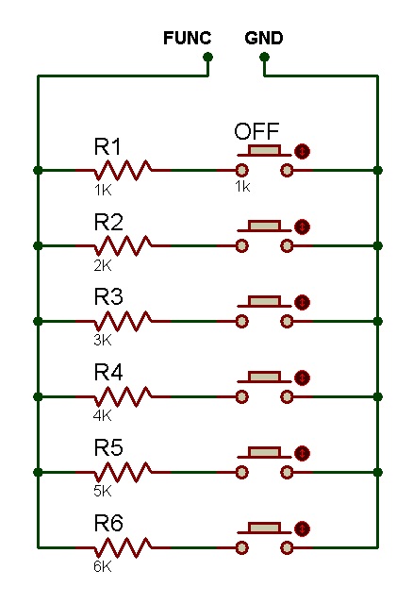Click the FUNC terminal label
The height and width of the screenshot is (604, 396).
click(x=187, y=38)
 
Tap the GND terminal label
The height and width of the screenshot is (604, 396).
click(x=264, y=38)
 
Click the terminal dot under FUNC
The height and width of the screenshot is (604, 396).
click(x=207, y=58)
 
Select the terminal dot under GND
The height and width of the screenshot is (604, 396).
click(x=264, y=58)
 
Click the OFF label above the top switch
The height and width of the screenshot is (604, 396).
click(x=256, y=131)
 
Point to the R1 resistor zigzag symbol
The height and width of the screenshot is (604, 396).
click(x=124, y=170)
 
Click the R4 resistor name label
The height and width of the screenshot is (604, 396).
click(x=108, y=372)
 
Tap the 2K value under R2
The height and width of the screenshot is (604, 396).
click(x=103, y=265)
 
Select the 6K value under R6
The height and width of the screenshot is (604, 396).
click(x=103, y=566)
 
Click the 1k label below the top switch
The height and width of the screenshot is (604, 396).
click(x=242, y=187)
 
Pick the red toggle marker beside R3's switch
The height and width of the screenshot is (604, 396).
click(x=302, y=302)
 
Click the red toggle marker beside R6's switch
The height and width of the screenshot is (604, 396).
click(x=302, y=528)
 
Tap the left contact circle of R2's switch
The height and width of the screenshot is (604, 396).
click(x=241, y=245)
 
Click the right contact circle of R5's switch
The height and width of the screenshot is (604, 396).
click(x=287, y=472)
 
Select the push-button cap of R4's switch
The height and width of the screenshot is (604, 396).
click(x=264, y=377)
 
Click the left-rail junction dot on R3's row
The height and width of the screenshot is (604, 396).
click(x=38, y=321)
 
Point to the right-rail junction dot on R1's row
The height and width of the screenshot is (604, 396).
click(x=378, y=170)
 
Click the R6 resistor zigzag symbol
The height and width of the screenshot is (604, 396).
click(x=124, y=547)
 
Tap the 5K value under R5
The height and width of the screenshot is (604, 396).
click(x=103, y=491)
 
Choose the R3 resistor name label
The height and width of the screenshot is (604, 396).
click(x=108, y=296)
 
